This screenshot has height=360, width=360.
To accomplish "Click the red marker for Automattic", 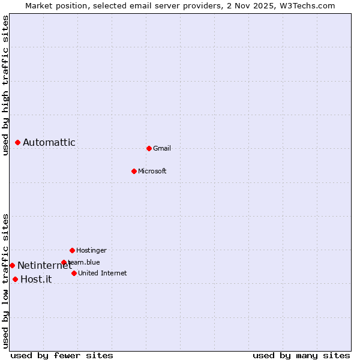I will pos(18,142).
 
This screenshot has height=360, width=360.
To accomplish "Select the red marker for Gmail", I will pos(149,148).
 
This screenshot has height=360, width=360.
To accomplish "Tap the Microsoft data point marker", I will pos(134,171).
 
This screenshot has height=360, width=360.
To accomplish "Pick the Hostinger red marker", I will pos(72,250).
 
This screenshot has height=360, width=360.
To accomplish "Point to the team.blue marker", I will pos(64,262).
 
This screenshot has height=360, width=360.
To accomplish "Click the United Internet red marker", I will pos(74,273).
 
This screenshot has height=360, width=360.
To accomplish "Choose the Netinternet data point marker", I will pos(12,265).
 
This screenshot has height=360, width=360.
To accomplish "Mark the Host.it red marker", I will pos(15,279).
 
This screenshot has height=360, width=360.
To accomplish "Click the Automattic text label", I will pos(49,143).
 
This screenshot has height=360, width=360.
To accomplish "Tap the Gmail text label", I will pos(162,149).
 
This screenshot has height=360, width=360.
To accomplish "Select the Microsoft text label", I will pos(152,172).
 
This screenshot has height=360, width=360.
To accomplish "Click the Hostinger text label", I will pos(91,251).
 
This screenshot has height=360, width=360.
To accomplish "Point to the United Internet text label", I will pos(102,274).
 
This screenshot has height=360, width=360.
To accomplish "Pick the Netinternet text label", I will pos(44,266).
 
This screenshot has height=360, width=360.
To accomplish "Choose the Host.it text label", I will pos(36,280).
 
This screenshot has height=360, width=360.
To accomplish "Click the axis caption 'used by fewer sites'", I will pos(62,355).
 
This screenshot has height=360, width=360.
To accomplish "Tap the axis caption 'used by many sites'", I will pos(301,355).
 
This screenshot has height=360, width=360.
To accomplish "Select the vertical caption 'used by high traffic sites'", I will pos(5,85).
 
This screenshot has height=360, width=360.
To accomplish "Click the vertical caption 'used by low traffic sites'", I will pos(5,280).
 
